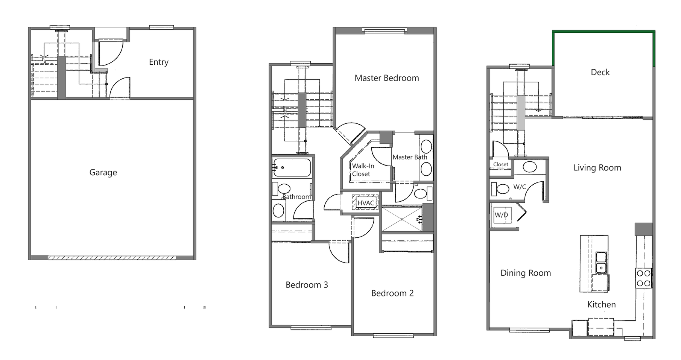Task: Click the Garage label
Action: tap(103, 172)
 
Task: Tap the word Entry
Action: tap(158, 62)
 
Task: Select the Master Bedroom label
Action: tap(386, 78)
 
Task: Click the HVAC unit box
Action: tap(365, 203)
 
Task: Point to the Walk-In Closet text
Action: tap(363, 170)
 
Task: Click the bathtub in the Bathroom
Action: tap(292, 167)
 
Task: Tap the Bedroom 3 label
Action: tap(307, 285)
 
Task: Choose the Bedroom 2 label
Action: tap(392, 293)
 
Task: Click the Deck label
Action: tap(600, 72)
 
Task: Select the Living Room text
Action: tap(597, 168)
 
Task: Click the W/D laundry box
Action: tap(502, 215)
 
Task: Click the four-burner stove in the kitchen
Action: tap(643, 278)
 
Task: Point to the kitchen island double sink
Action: tap(601, 263)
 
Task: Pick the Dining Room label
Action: tap(525, 273)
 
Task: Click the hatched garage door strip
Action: tap(112, 258)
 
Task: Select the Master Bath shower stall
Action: tap(401, 219)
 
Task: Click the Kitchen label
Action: tap(601, 305)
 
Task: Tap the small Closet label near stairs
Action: tap(500, 164)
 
